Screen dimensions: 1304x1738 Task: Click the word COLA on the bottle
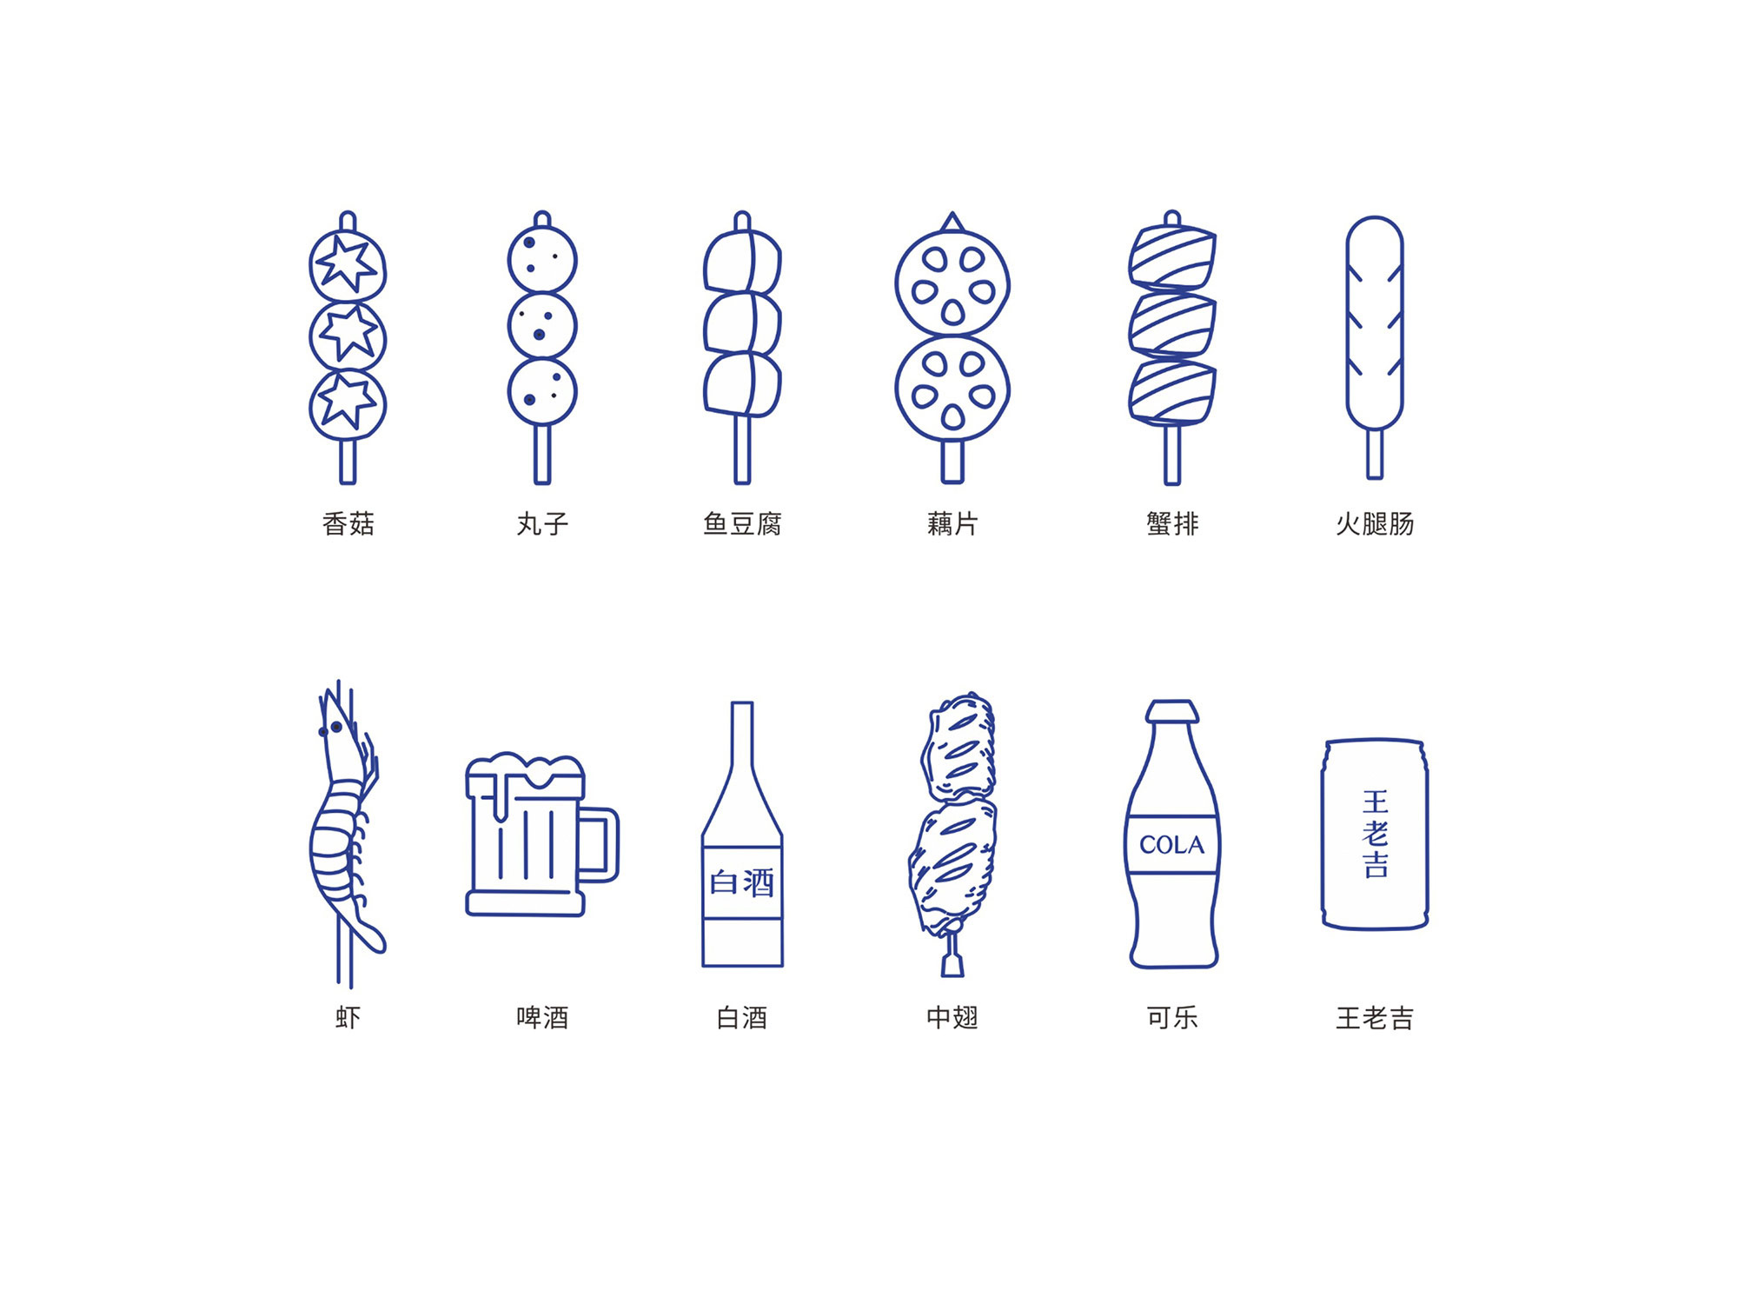pos(1171,844)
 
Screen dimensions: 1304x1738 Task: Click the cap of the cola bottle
pos(1172,711)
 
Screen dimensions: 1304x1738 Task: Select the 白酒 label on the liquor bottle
pos(742,882)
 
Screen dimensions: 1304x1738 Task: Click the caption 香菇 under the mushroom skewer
pos(348,523)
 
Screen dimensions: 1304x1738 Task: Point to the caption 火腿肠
pos(1374,523)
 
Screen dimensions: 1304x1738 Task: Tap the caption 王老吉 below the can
pos(1374,1017)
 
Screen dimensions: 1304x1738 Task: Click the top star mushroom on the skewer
pos(348,264)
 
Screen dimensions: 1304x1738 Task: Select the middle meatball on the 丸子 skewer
pos(542,326)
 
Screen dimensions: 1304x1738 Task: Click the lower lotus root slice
pos(952,389)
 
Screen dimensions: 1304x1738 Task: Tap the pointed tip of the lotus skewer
pos(952,221)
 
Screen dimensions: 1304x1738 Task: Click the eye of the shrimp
pos(335,727)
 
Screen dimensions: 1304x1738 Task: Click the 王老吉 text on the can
pos(1375,833)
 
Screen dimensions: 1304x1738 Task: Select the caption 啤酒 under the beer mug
pos(542,1017)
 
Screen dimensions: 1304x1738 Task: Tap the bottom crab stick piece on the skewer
pos(1171,393)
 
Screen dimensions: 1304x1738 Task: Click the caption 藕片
pos(952,523)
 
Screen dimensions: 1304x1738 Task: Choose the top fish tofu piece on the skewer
pos(742,261)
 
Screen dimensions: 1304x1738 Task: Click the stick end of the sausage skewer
pos(1374,454)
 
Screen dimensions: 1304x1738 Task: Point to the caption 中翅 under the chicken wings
pos(952,1017)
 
